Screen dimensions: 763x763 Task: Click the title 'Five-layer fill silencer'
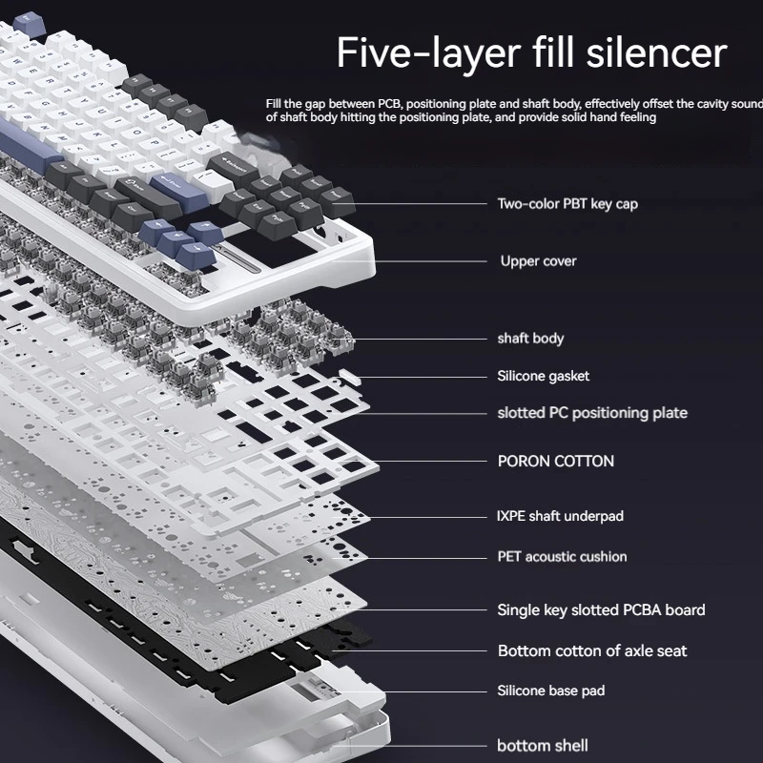[x=532, y=53]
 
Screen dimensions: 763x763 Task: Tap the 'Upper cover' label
[x=538, y=260]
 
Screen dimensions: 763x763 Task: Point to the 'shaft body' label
[x=530, y=338]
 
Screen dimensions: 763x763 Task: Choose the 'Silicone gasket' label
[x=543, y=376]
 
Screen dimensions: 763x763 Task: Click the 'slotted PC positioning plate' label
[x=592, y=413]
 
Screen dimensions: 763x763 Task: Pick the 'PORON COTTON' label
[x=556, y=461]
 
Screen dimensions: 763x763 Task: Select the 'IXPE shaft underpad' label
[x=560, y=516]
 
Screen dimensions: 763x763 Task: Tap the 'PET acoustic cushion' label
[x=562, y=556]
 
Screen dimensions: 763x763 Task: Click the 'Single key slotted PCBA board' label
[x=601, y=609]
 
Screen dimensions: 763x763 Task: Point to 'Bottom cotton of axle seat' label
[x=592, y=650]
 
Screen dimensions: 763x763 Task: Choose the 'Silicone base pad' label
[x=550, y=691]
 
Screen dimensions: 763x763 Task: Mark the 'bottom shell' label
[x=543, y=746]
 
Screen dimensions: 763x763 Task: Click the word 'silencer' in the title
[x=657, y=53]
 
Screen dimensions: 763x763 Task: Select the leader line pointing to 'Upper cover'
[x=429, y=260]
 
